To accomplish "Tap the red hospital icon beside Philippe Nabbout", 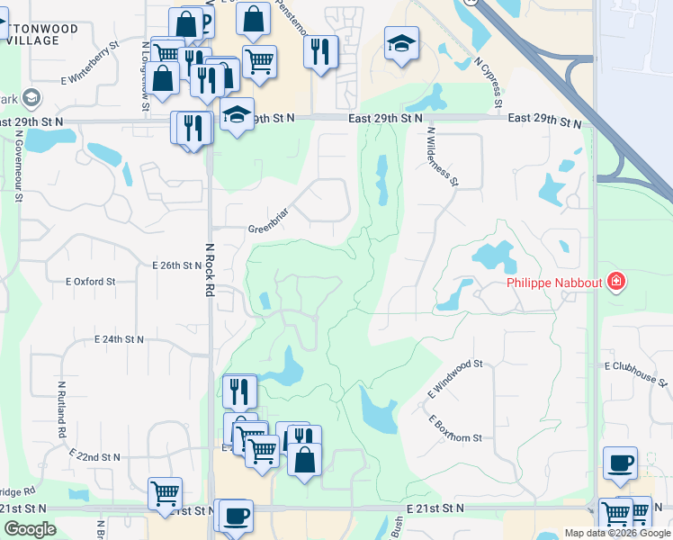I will click(616, 283).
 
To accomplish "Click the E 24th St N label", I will click(120, 339).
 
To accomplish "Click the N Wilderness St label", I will click(443, 157).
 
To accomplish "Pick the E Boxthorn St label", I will click(455, 429).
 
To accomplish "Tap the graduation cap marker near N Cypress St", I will click(401, 42).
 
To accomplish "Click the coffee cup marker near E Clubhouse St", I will click(620, 463).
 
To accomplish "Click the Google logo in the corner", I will click(30, 529).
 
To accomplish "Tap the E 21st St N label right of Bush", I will click(436, 508).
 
